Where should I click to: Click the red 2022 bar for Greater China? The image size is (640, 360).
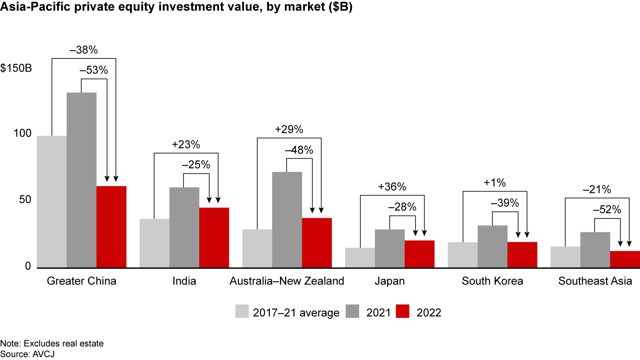[x=111, y=227]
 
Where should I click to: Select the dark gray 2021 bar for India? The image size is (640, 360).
[x=184, y=227]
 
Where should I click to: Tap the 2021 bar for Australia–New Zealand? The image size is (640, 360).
[x=287, y=220]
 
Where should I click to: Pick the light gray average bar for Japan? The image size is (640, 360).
[x=360, y=258]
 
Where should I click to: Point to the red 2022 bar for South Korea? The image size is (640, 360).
[x=522, y=255]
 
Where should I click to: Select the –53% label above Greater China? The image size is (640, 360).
[x=94, y=70]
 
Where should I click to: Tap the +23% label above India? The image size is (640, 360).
[x=186, y=144]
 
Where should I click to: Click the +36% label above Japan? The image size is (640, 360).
[x=392, y=187]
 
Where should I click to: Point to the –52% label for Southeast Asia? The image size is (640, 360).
[x=607, y=210]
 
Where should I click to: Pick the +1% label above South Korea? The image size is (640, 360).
[x=495, y=183]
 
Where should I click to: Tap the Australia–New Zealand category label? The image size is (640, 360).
[x=287, y=281]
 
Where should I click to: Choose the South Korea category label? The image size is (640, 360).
[x=492, y=281]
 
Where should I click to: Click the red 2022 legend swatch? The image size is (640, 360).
[x=404, y=312]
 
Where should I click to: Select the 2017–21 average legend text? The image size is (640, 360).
[x=296, y=312]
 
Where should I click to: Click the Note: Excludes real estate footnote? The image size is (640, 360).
[x=52, y=344]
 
